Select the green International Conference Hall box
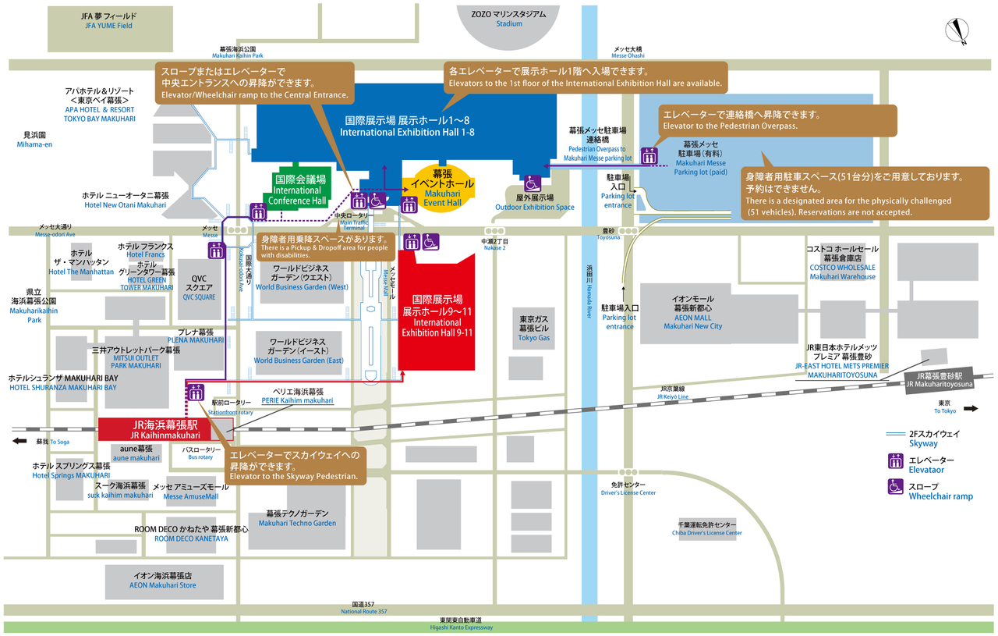297,190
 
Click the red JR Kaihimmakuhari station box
165,429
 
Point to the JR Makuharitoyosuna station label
939,379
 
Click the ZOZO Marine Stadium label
508,19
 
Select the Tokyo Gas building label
534,329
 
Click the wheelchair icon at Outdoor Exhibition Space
533,184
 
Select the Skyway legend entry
924,438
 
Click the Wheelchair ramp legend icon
896,485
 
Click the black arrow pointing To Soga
19,441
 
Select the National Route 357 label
364,608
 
